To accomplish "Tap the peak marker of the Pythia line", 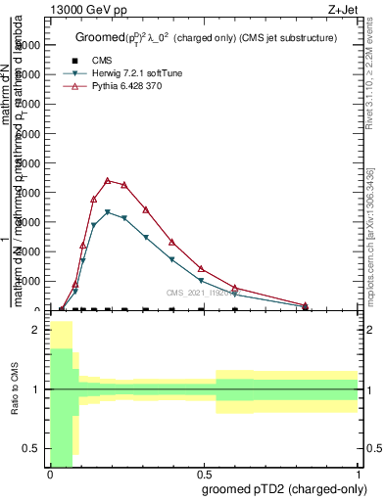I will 107,180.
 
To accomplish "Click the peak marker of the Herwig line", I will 107,211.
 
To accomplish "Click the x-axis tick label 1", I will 358,475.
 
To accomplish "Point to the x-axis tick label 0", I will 50,475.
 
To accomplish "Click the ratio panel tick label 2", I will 35,331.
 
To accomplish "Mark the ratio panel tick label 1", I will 35,389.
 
